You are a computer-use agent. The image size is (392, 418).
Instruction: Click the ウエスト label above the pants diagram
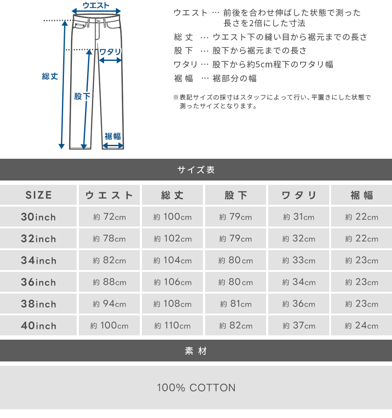[96, 6]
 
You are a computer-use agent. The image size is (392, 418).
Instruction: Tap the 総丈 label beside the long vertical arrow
[50, 77]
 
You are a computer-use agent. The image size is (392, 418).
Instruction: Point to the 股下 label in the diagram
[82, 96]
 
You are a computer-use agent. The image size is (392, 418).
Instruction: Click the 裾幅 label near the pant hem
[113, 136]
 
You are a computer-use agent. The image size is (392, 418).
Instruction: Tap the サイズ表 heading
[196, 170]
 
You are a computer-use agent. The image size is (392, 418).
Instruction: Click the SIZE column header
[39, 195]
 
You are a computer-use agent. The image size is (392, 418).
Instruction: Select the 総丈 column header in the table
[172, 195]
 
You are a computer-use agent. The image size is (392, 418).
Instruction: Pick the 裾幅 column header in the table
[362, 195]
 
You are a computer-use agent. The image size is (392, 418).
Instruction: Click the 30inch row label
[39, 217]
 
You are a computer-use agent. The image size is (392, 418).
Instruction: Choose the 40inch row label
[39, 326]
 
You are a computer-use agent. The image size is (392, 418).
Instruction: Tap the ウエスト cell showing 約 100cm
[109, 326]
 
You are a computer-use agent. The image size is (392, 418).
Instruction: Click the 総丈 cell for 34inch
[172, 261]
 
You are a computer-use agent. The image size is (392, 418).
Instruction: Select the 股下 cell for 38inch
[236, 304]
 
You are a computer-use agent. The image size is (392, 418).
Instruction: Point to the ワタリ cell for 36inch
[299, 282]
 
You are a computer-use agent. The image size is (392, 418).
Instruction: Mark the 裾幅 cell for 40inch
[362, 326]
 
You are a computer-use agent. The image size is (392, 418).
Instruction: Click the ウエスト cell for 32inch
[109, 239]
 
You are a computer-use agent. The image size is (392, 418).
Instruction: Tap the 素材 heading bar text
[196, 351]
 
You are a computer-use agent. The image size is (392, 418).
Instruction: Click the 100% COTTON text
[196, 388]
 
